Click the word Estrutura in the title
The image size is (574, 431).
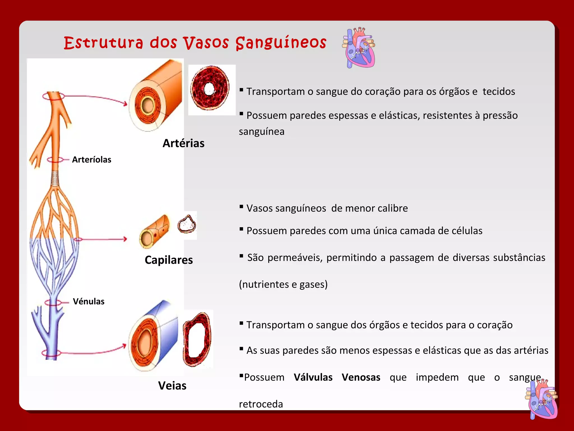pos(103,43)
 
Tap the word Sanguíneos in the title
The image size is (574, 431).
pos(281,43)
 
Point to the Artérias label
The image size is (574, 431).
pos(184,143)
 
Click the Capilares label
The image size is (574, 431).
pos(169,260)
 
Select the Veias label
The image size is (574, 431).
pos(172,386)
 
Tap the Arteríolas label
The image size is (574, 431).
pos(92,160)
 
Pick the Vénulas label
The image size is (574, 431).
pos(89,302)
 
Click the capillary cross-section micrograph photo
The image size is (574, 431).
pos(187,224)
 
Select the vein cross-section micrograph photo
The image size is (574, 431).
pos(198,339)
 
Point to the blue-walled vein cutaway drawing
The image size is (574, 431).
pos(154,337)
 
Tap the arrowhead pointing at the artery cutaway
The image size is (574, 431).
pos(125,104)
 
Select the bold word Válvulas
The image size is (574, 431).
pos(313,377)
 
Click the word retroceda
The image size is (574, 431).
pos(261,404)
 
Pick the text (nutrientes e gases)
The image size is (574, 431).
pos(283,285)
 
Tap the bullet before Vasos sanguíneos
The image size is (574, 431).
pos(241,207)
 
